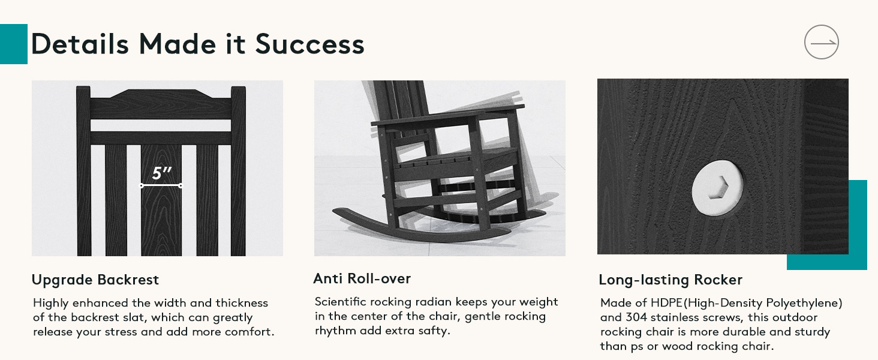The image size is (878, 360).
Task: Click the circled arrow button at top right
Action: point(821,42)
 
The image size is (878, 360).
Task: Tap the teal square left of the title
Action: point(14,44)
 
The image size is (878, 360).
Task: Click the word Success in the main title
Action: point(309,44)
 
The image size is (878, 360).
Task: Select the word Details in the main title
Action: point(80,44)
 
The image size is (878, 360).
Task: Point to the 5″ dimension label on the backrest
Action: point(161,173)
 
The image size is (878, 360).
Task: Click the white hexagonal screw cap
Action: point(717,188)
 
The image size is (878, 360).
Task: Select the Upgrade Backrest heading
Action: point(95,280)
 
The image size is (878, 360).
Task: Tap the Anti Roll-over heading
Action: point(362,278)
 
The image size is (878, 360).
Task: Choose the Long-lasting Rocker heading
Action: point(670,280)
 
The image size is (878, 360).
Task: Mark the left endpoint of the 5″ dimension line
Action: point(142,185)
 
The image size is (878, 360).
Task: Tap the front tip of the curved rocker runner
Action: point(334,211)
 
